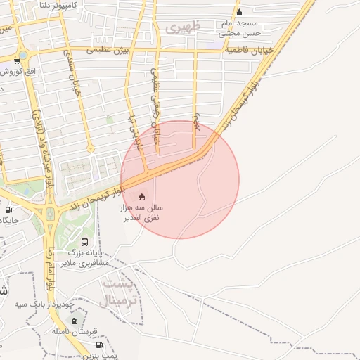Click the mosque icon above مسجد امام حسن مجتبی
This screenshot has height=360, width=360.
point(239,13)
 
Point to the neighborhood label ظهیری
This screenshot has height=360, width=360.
point(184,28)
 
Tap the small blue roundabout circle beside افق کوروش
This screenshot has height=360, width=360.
point(24,54)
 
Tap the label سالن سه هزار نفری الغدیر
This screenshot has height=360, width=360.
point(145,213)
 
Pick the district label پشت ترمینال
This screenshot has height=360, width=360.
point(121,292)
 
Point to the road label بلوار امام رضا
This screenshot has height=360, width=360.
point(50,267)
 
